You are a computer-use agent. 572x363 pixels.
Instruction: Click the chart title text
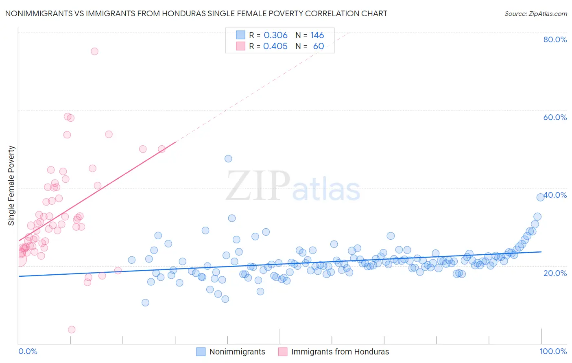click(x=196, y=13)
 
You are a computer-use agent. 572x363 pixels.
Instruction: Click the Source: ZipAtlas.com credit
click(x=535, y=13)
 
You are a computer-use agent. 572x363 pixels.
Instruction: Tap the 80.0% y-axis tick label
click(x=555, y=39)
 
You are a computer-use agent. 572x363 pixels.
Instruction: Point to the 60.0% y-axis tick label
click(x=555, y=117)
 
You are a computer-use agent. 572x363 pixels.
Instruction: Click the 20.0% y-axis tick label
click(x=555, y=273)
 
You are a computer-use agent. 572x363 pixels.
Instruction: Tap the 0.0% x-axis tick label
click(x=28, y=351)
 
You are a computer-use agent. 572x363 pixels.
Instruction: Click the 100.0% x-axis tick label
click(x=553, y=351)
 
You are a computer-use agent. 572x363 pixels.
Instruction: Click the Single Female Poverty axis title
click(x=11, y=186)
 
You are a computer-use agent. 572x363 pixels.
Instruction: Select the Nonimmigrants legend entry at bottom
click(x=231, y=352)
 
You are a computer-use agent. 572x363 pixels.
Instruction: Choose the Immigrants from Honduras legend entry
click(x=334, y=352)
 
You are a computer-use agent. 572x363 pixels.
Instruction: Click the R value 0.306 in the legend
click(x=275, y=35)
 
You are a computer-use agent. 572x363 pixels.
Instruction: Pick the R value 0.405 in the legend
click(x=275, y=46)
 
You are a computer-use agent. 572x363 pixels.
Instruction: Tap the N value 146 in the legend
click(x=317, y=35)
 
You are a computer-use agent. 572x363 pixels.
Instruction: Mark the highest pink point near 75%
click(x=94, y=51)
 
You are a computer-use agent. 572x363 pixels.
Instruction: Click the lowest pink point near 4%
click(x=72, y=330)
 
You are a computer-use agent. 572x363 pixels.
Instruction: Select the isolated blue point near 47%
click(x=228, y=159)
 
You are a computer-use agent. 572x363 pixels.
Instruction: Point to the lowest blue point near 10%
click(x=145, y=302)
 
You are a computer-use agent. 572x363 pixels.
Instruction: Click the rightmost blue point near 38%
click(x=540, y=197)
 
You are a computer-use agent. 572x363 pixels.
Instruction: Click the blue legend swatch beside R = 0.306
click(x=240, y=35)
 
